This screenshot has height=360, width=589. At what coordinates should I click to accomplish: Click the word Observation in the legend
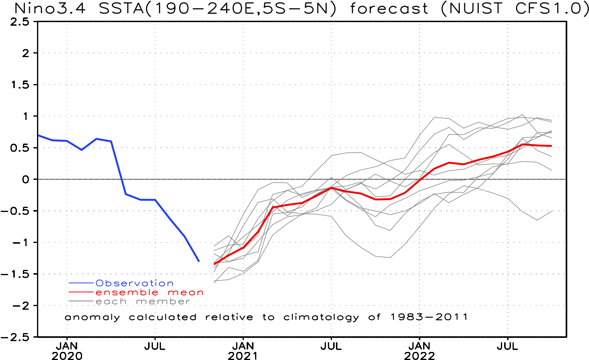pyautogui.click(x=134, y=283)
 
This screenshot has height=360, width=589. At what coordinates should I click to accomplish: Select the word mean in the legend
pyautogui.click(x=185, y=292)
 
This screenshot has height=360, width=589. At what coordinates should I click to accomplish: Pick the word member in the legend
pyautogui.click(x=163, y=301)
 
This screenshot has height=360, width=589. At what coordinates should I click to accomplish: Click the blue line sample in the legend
pyautogui.click(x=81, y=283)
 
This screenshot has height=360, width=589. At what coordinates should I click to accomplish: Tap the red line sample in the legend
pyautogui.click(x=81, y=292)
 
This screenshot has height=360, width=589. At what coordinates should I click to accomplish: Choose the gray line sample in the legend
pyautogui.click(x=81, y=301)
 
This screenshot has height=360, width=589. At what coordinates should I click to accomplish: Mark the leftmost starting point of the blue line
pyautogui.click(x=39, y=135)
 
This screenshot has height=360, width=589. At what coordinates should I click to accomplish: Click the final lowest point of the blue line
pyautogui.click(x=199, y=261)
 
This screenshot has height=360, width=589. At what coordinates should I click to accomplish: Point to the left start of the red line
pyautogui.click(x=214, y=264)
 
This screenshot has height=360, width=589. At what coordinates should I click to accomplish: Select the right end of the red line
pyautogui.click(x=552, y=146)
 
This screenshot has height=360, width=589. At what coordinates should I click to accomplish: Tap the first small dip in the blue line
pyautogui.click(x=82, y=150)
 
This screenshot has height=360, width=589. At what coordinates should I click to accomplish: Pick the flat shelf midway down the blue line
pyautogui.click(x=147, y=200)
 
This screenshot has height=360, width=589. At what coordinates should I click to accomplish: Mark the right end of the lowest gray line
pyautogui.click(x=552, y=211)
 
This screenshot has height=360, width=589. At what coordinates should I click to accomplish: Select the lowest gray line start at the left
pyautogui.click(x=214, y=282)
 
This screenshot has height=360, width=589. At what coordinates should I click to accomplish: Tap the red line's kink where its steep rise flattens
pyautogui.click(x=273, y=207)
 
